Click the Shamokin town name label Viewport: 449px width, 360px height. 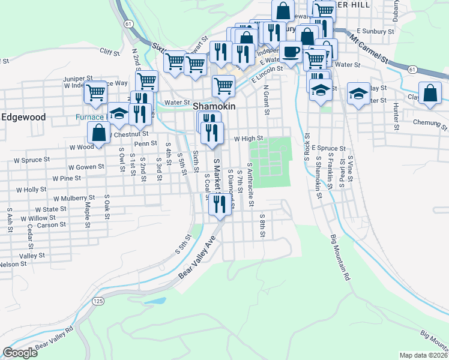[214, 106]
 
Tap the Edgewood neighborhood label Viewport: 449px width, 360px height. [23, 117]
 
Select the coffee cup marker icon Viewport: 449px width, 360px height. [292, 53]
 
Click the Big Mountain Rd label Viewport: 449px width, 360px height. [339, 258]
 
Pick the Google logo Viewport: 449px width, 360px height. [20, 353]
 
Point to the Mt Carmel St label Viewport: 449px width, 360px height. [370, 53]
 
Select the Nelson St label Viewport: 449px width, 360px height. [13, 264]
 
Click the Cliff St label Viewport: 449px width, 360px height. [110, 52]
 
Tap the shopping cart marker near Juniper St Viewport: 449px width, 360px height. [96, 92]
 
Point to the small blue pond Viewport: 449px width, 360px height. [155, 300]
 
